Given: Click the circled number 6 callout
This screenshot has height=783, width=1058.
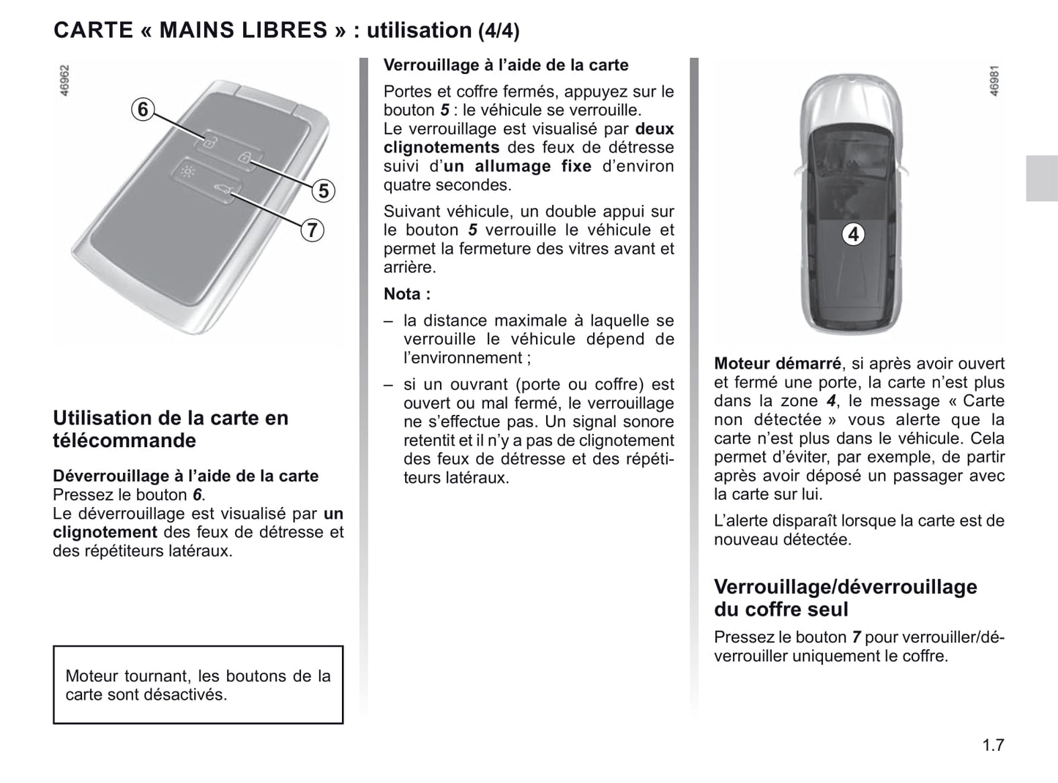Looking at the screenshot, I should (x=143, y=110).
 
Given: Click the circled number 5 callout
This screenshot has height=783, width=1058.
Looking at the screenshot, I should (x=323, y=191).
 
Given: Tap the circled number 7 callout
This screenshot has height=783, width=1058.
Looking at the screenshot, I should (x=311, y=231).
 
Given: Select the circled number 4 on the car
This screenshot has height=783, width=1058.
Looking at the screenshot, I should (x=853, y=234).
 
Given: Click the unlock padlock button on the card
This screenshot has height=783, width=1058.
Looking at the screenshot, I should (x=209, y=142).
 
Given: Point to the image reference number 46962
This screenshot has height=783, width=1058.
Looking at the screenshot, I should (x=64, y=81).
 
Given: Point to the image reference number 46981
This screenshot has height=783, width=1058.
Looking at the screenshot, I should (x=994, y=81).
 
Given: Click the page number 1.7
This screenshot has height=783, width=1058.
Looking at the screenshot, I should (x=993, y=746).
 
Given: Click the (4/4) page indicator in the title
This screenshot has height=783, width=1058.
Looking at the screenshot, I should (x=499, y=31).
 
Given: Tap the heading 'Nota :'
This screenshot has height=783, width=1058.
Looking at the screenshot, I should (x=407, y=294).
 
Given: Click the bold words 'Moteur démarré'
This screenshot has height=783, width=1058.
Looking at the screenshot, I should (x=777, y=364).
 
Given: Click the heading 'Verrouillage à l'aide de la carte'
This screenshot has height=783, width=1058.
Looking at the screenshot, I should (x=506, y=65).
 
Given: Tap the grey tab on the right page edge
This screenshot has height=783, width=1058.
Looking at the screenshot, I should (x=1041, y=179).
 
